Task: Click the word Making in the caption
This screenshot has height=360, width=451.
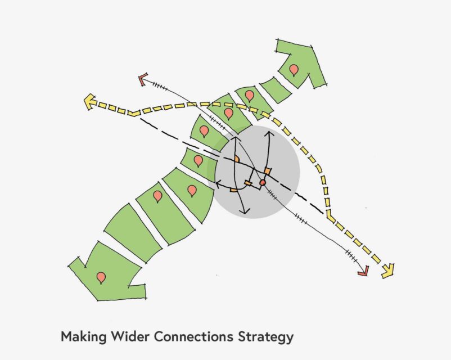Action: [x=84, y=337]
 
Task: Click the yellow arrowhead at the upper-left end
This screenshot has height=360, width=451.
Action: [x=90, y=102]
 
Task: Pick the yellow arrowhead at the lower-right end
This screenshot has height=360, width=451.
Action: [x=389, y=271]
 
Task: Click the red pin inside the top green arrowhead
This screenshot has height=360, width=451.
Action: [x=294, y=70]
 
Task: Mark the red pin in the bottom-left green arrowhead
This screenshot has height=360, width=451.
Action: [x=101, y=278]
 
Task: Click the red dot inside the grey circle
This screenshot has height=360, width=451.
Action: [x=263, y=182]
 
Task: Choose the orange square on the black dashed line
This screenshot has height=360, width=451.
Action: [x=268, y=171]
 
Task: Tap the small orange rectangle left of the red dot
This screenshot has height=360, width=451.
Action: [x=248, y=183]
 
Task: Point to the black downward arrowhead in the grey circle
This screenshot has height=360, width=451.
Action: [x=245, y=211]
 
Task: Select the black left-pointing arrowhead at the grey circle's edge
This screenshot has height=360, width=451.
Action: [x=218, y=183]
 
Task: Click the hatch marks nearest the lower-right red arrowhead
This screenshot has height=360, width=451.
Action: [x=352, y=256]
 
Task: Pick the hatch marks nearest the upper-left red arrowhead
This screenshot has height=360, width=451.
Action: [x=160, y=85]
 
